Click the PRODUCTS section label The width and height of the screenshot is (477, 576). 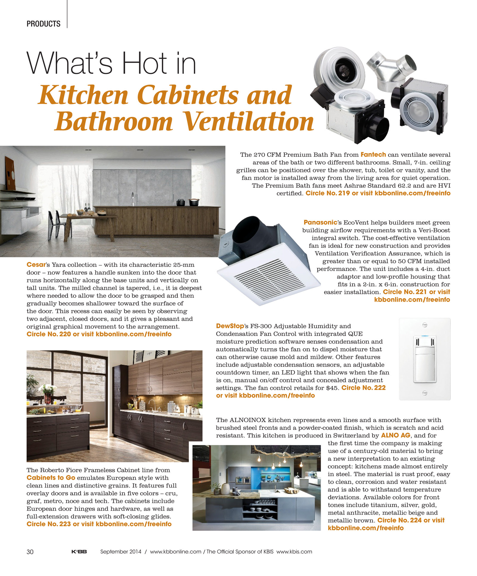43,24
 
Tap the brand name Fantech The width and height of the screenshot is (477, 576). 373,155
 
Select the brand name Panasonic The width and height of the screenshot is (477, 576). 320,222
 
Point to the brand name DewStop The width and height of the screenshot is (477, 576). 230,326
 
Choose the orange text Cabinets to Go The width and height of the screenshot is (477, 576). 51,478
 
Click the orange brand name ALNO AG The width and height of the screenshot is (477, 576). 395,435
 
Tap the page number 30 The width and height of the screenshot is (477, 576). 30,552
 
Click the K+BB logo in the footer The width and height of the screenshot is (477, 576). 79,552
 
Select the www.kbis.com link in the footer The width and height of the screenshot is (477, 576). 294,552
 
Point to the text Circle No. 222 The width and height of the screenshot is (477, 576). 363,388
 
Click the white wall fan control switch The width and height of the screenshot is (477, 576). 425,359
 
